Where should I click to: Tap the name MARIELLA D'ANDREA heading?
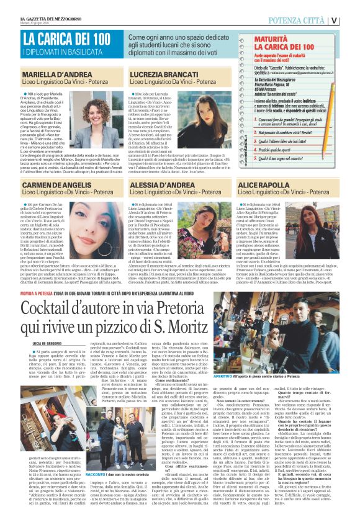click(55, 73)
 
